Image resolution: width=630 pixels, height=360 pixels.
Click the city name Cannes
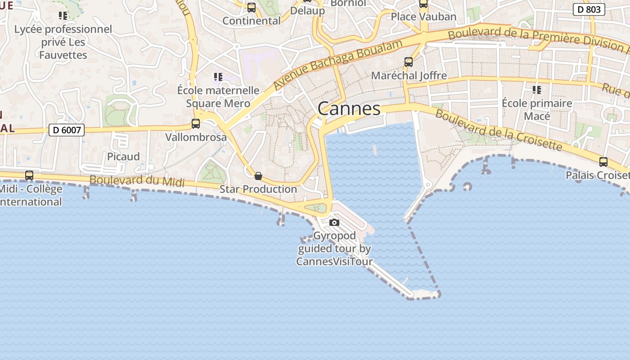(349, 108)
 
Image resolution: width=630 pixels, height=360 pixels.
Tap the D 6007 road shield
(67, 130)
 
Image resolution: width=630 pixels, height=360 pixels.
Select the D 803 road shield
(589, 9)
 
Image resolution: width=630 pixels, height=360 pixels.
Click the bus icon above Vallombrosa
(196, 124)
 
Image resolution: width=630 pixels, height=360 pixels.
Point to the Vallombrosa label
(196, 137)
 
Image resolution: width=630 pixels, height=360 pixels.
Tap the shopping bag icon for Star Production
(258, 176)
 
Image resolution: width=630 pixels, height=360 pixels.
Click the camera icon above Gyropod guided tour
(334, 222)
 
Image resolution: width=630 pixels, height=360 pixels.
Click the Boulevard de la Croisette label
(499, 130)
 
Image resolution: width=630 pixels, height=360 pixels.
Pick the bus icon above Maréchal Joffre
(409, 62)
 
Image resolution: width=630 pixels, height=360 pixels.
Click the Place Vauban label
(423, 17)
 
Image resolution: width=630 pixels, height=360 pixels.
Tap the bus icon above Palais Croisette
(603, 162)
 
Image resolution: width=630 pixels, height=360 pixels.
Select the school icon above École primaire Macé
(536, 90)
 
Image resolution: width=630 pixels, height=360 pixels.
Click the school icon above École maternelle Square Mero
(218, 77)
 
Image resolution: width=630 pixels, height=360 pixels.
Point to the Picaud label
(123, 156)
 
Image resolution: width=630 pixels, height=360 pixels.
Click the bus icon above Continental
(252, 8)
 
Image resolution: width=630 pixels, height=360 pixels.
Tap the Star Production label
(258, 189)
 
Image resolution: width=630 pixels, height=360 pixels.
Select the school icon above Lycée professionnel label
(63, 16)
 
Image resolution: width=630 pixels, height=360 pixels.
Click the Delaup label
(307, 11)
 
